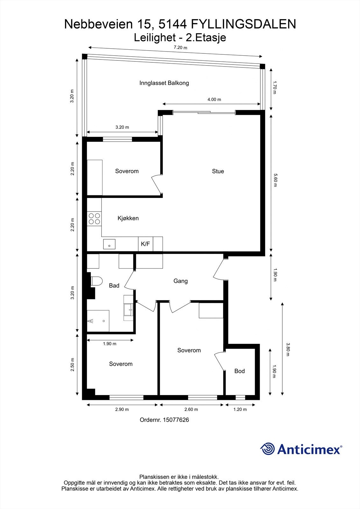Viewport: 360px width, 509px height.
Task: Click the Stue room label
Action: tap(218, 171)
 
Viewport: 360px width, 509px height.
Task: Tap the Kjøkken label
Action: tap(128, 218)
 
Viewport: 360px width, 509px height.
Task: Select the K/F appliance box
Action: tap(145, 244)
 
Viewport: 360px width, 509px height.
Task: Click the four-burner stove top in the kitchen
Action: tap(94, 219)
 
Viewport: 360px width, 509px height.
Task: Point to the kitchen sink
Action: tap(109, 244)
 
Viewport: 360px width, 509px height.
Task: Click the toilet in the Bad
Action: tap(96, 281)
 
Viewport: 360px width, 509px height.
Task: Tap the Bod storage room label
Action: tap(239, 371)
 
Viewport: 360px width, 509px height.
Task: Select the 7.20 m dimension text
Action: tap(180, 48)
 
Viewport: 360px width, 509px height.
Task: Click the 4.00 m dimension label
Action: tap(214, 99)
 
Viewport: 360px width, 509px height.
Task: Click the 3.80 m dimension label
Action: tap(288, 349)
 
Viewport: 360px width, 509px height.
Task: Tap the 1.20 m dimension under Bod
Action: tap(240, 409)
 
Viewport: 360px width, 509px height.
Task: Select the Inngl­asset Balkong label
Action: tap(164, 83)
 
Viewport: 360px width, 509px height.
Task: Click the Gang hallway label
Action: tap(180, 281)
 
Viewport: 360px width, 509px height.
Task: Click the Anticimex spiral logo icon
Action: tap(267, 449)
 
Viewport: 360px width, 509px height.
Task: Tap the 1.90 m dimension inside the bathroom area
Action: tap(109, 344)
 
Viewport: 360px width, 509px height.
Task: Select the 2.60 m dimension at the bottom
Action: tap(191, 409)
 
